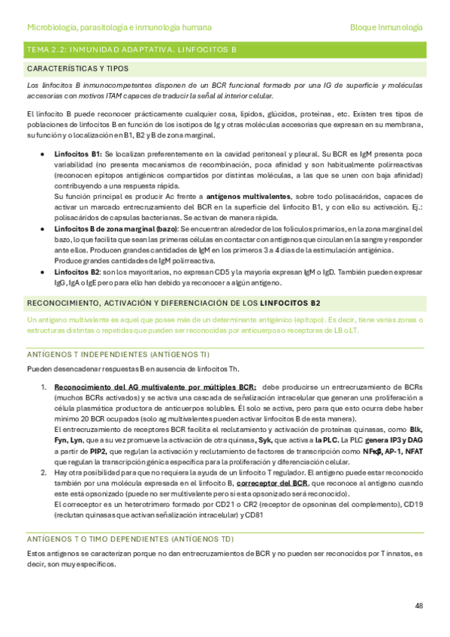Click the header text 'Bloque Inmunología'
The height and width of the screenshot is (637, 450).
click(x=386, y=27)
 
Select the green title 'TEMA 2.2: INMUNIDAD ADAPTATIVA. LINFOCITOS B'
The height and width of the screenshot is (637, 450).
click(x=131, y=49)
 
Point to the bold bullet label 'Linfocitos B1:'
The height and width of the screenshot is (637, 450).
click(x=78, y=153)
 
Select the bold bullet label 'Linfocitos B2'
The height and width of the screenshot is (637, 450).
click(x=77, y=272)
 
